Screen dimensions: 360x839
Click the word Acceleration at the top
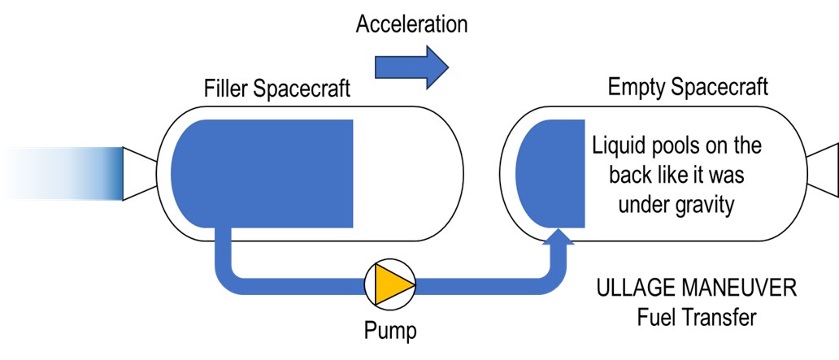click(411, 24)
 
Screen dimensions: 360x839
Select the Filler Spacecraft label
click(277, 89)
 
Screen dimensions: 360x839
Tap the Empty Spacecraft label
click(688, 87)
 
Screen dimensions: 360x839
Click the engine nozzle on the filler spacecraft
click(139, 173)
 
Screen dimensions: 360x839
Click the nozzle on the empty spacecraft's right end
click(823, 173)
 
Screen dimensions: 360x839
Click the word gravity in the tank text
click(701, 206)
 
